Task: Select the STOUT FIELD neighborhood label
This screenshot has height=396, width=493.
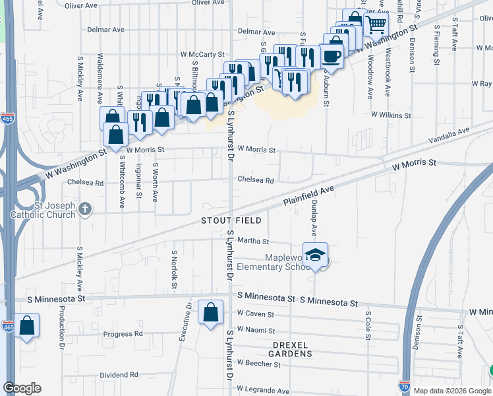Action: [231, 220]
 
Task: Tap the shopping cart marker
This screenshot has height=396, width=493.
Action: [376, 26]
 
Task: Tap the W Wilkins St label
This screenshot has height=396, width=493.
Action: [391, 115]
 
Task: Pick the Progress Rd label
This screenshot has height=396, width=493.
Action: [123, 334]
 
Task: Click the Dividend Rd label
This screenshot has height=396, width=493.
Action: [119, 375]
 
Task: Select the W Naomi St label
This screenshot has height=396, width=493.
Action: [256, 329]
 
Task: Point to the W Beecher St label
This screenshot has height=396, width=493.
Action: [258, 363]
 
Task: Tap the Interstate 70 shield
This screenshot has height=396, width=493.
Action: [404, 385]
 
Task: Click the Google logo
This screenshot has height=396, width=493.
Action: [22, 388]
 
